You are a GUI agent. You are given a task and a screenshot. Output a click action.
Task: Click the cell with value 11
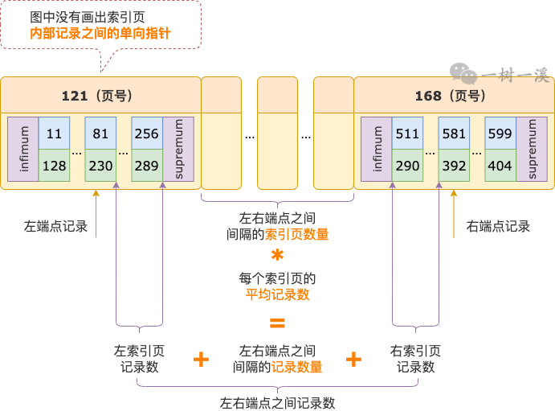(x=54, y=134)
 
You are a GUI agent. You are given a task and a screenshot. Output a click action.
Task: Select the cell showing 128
(x=54, y=165)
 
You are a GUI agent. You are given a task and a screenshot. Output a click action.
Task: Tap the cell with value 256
(x=147, y=134)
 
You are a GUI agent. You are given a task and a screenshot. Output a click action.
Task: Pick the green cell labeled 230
(x=100, y=165)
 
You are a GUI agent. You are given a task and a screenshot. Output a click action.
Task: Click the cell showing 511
(x=407, y=134)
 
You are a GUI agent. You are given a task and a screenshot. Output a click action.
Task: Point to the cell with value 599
(x=500, y=134)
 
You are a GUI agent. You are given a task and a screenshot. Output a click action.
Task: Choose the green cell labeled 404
(x=500, y=165)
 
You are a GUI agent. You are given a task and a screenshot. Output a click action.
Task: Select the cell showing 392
(x=454, y=165)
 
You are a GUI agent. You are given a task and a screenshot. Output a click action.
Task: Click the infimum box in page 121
(x=23, y=149)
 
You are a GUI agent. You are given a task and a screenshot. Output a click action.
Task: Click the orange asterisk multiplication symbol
(x=277, y=256)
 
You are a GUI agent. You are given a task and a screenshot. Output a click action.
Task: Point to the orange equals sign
(x=277, y=325)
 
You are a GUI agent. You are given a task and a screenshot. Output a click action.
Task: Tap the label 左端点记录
(x=55, y=226)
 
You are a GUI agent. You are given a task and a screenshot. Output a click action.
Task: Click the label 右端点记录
(x=498, y=226)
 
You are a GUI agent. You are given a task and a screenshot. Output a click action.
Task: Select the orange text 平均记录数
(x=277, y=294)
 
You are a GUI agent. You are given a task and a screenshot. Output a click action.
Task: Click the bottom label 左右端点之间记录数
(x=277, y=402)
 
